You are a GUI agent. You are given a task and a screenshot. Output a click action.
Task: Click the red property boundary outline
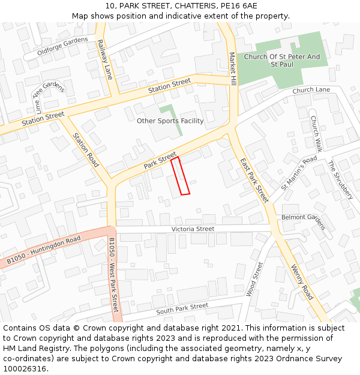click(181, 176)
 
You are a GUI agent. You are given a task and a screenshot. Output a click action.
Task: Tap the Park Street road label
click(160, 160)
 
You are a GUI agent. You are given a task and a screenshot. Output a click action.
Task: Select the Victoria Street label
click(193, 229)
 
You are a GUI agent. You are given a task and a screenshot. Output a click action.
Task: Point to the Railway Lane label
click(104, 60)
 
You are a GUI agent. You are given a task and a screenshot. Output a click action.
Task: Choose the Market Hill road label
click(233, 68)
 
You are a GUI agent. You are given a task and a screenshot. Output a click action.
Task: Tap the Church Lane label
click(311, 90)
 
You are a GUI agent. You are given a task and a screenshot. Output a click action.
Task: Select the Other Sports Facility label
click(170, 121)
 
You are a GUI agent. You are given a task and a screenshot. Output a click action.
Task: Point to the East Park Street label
click(254, 179)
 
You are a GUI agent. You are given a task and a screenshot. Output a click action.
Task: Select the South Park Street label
click(182, 309)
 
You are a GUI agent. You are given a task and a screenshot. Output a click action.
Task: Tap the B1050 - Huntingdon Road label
click(44, 251)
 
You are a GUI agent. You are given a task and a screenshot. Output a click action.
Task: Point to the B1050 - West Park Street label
click(114, 275)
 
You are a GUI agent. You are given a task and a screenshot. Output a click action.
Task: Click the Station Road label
click(85, 149)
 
